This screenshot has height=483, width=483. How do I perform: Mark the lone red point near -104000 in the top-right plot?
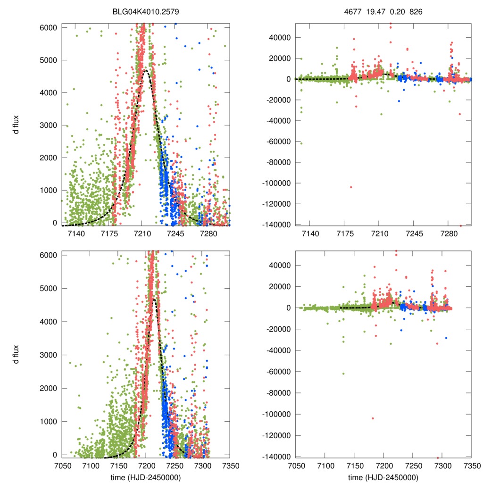351,187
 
